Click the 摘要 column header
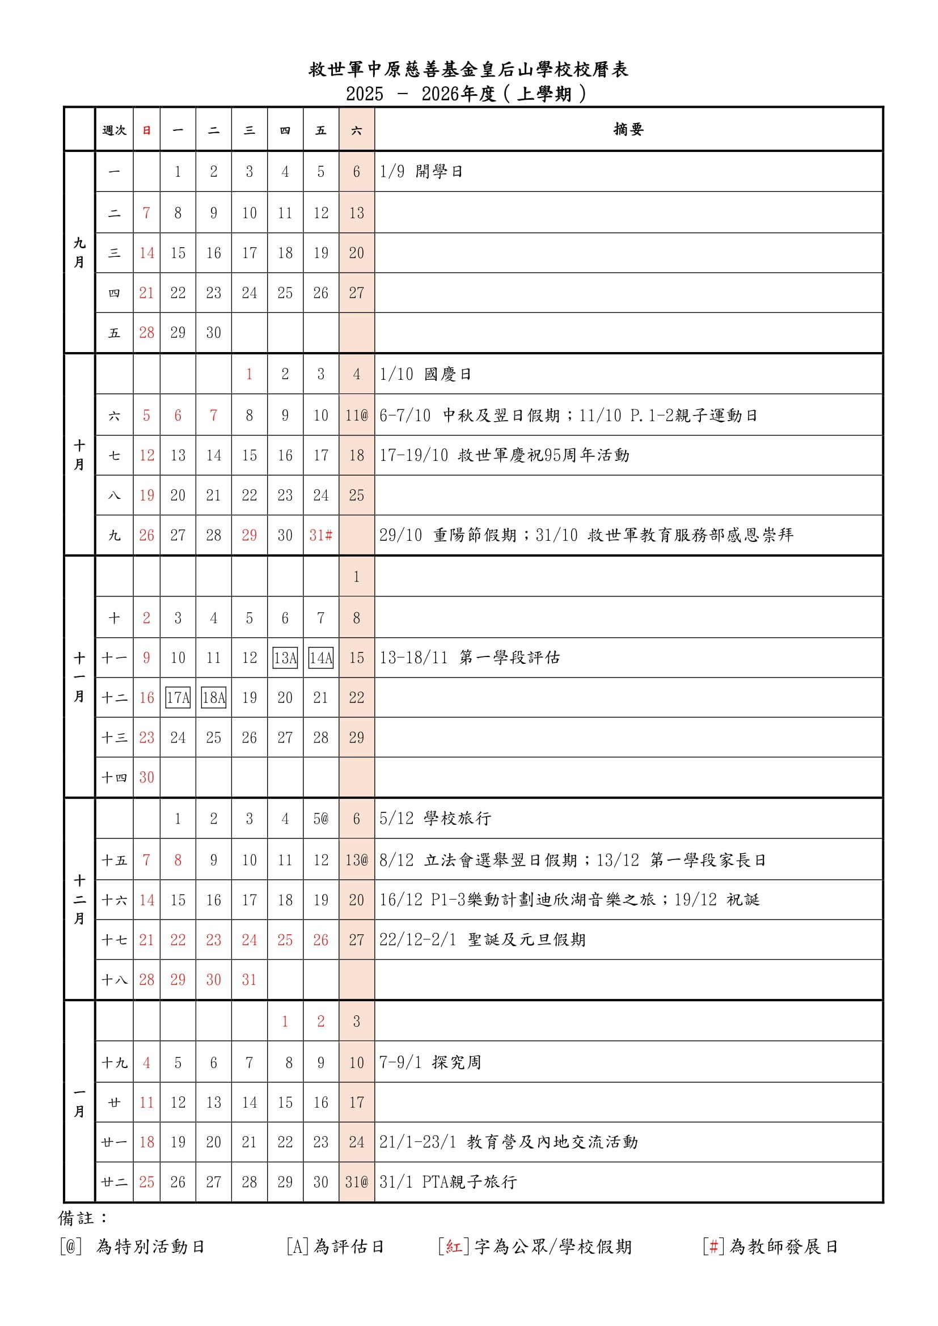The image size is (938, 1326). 628,129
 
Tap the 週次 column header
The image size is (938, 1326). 114,130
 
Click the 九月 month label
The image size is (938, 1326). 79,252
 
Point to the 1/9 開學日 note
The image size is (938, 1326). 421,172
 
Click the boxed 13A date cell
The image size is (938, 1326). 285,658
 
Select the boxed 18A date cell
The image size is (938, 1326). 214,698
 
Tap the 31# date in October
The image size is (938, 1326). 320,535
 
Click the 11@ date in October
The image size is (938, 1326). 356,415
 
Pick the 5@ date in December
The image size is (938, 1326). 320,819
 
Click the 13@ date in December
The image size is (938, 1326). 356,860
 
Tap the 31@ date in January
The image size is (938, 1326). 356,1182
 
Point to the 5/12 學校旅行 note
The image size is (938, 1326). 435,819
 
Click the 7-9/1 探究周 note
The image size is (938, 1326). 430,1062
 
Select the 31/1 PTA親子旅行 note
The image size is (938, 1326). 447,1182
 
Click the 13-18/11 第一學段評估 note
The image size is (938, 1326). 469,658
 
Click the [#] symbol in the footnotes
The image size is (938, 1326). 713,1246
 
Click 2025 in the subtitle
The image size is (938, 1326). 365,94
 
